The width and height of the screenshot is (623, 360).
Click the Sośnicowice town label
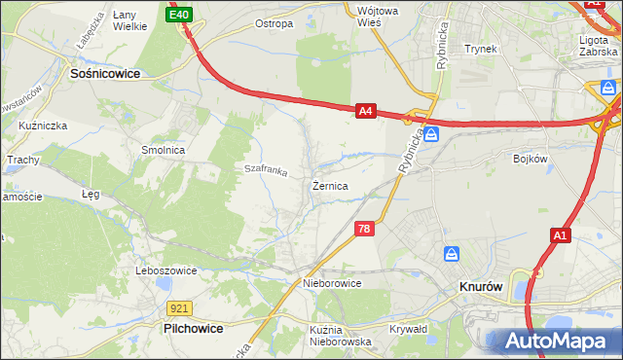coord(104,72)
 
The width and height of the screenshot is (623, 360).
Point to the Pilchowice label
coord(193,329)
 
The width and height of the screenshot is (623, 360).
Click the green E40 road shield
coord(179,15)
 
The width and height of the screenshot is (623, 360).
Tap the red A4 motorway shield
coord(365,112)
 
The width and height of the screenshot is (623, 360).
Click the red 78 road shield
coord(363,229)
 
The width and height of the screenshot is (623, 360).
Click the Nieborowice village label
coord(332,283)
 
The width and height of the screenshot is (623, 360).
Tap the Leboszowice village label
coord(167,270)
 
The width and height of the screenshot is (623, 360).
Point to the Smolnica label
coord(164,151)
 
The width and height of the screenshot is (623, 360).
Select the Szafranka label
coord(266,170)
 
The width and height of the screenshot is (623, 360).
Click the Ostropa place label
coord(274,23)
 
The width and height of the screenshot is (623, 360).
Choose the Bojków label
coord(531,158)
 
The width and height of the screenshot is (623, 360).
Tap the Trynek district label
coord(481,49)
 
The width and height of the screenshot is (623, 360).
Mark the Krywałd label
coord(409,329)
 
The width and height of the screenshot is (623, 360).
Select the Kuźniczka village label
coord(40,126)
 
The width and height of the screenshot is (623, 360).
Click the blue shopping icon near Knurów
coord(452,255)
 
